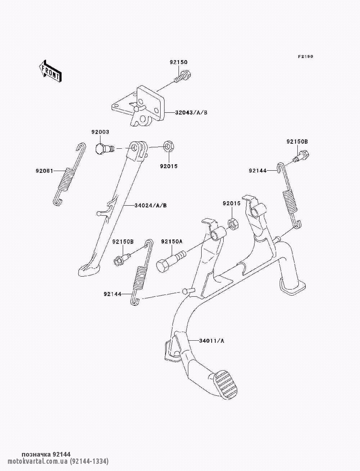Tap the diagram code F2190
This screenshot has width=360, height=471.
306,57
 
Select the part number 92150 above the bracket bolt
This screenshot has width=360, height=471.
179,62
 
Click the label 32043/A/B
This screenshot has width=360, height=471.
192,112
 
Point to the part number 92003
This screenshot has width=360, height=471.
100,132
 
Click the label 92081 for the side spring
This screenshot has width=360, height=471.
44,171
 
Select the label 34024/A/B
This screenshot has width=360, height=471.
150,206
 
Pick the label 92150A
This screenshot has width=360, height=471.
172,242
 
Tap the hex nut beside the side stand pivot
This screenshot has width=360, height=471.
168,146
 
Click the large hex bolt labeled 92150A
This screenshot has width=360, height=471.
171,261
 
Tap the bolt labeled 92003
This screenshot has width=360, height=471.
104,148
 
